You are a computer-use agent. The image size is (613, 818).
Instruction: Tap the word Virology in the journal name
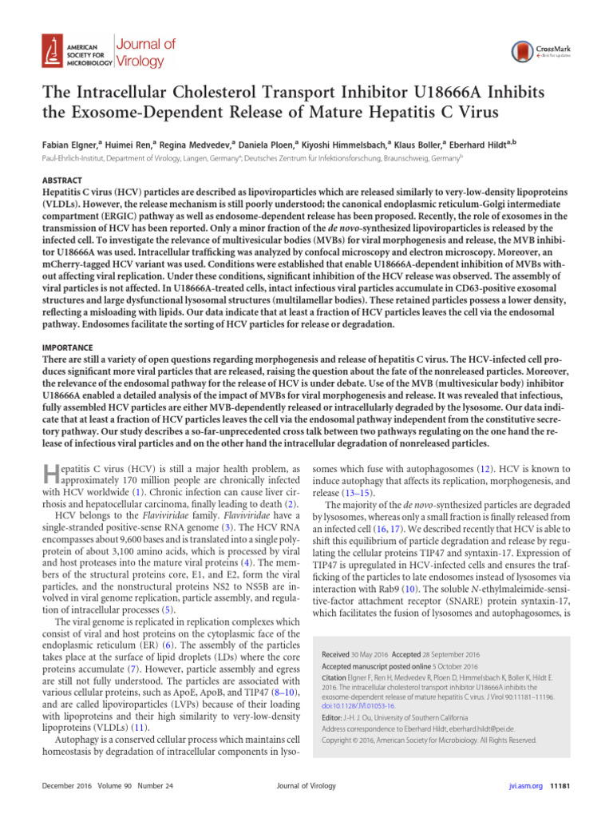point(140,61)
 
